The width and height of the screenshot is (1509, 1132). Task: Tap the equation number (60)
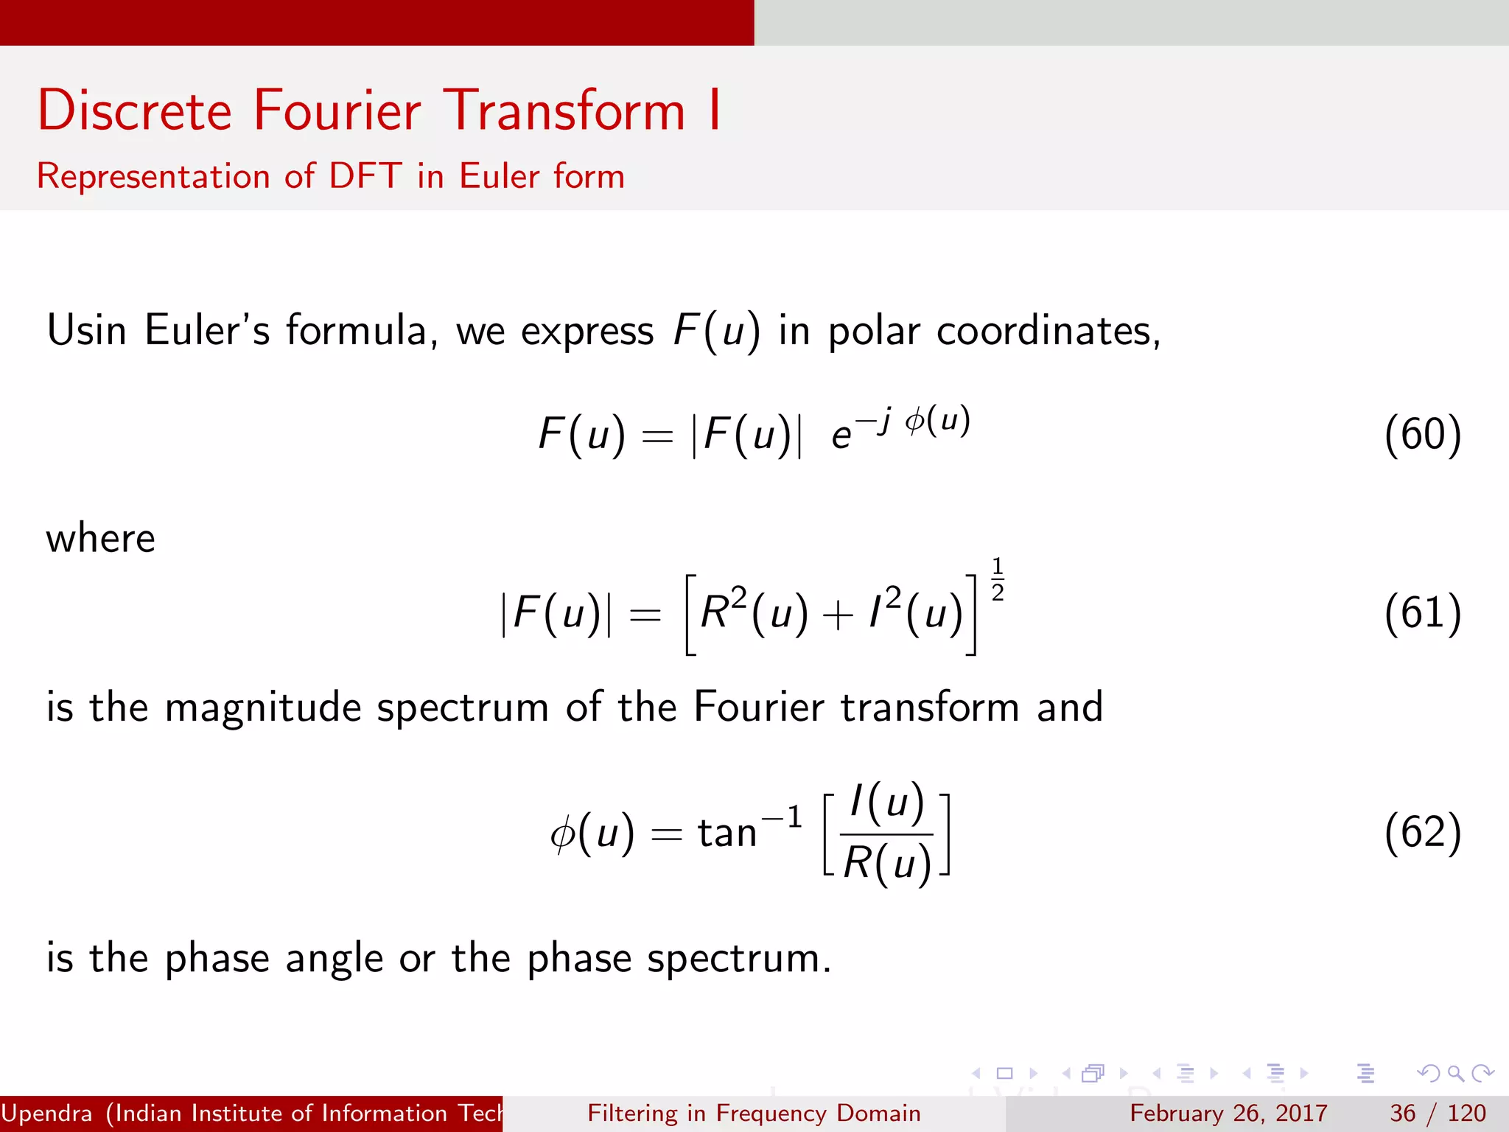point(1422,435)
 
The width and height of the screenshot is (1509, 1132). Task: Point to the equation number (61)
point(1422,612)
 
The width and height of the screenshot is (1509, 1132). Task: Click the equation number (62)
point(1422,833)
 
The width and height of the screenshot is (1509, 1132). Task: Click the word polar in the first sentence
point(874,332)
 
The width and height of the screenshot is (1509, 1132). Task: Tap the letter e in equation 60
point(841,436)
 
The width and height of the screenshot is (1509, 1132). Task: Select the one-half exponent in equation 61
point(998,579)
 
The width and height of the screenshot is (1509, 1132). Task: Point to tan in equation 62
point(727,834)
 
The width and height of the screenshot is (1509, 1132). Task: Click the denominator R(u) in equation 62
point(887,862)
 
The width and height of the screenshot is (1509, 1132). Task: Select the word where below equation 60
point(101,538)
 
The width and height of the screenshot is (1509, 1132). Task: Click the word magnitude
point(263,707)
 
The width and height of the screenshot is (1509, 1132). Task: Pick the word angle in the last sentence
point(334,959)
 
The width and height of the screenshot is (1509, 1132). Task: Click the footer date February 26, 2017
point(1228,1113)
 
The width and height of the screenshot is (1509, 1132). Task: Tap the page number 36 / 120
point(1438,1113)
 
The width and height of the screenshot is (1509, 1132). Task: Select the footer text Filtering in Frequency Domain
point(754,1113)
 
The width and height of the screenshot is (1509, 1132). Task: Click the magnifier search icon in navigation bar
point(1455,1073)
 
